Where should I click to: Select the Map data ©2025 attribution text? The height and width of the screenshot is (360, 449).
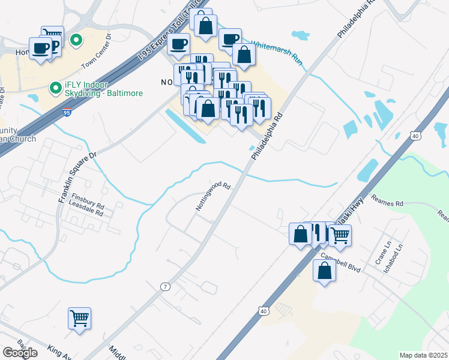pyautogui.click(x=423, y=355)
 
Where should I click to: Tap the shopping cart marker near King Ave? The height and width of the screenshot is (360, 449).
pyautogui.click(x=79, y=318)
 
